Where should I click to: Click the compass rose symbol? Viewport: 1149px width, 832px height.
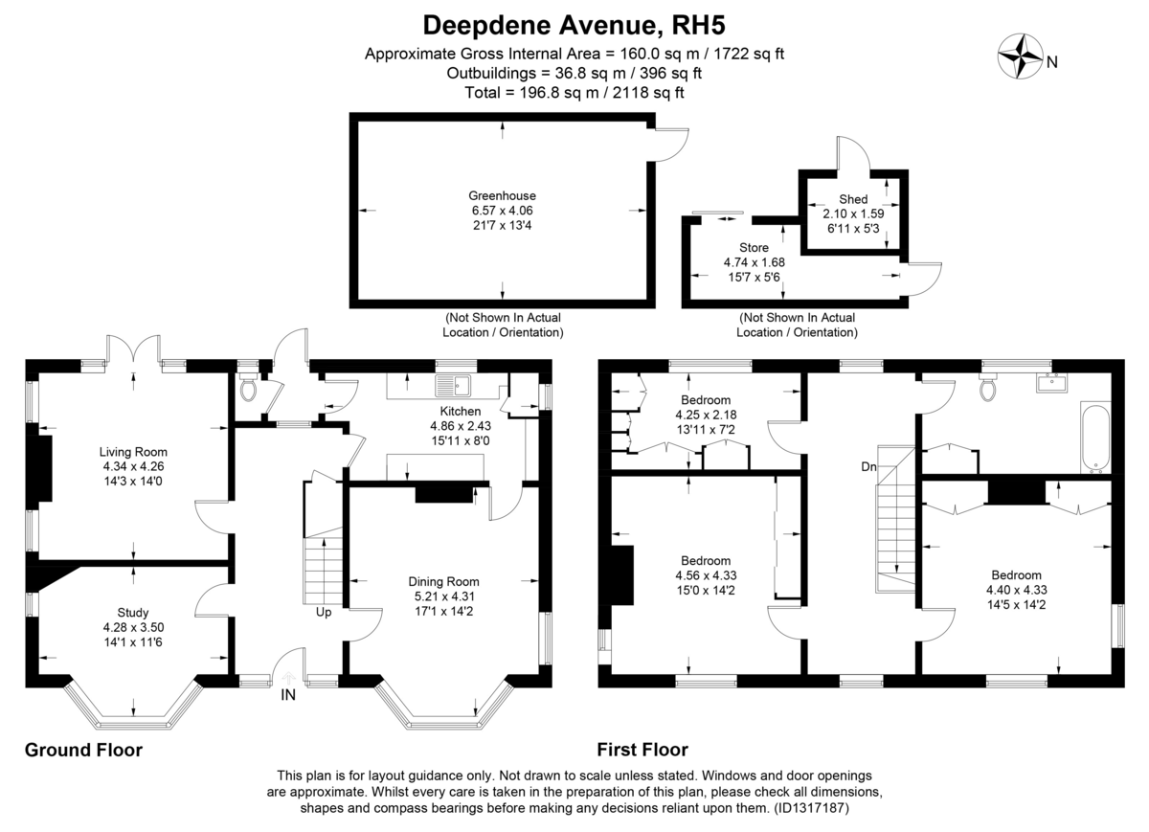coord(1021,56)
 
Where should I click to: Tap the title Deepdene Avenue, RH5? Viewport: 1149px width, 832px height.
coord(574,25)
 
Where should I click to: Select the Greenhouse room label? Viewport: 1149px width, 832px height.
coord(502,195)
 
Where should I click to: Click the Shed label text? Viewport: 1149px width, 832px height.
coord(853,199)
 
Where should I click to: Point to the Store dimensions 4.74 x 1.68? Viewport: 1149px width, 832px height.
coord(755,262)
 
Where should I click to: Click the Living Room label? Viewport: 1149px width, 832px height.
coord(133,452)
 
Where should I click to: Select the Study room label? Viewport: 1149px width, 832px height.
coord(133,613)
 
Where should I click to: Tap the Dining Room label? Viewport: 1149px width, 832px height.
coord(443,582)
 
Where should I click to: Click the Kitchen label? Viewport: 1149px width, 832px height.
coord(461,411)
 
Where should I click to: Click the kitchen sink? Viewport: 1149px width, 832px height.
coord(453,386)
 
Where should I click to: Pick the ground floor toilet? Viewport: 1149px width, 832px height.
coord(249,390)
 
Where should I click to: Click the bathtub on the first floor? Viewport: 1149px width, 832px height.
coord(1095,437)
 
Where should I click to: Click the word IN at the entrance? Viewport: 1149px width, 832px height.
coord(288,694)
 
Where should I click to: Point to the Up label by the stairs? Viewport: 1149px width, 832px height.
coord(324,612)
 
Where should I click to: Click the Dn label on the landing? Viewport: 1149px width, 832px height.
coord(869,467)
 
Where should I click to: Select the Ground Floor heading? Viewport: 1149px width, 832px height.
coord(83,750)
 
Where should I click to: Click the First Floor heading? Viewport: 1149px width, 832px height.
coord(642,750)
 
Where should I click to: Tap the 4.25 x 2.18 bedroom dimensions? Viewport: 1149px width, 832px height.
coord(706,415)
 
